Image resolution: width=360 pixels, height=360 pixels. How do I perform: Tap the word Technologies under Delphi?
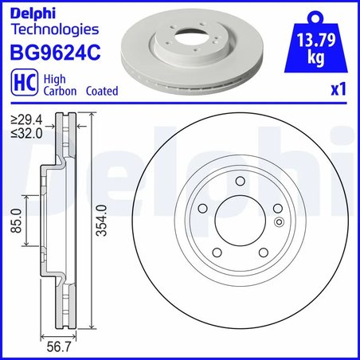point(53,30)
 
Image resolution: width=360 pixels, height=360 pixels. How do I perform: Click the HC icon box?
point(23,85)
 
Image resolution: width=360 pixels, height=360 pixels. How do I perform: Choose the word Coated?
point(101,92)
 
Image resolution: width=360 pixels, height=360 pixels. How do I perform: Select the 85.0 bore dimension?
point(16,221)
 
